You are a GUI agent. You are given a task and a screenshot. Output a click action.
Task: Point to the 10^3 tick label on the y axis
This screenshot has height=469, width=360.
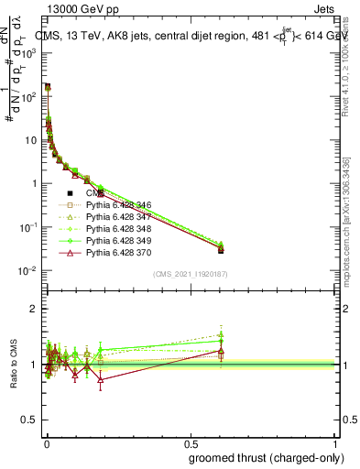[28, 52]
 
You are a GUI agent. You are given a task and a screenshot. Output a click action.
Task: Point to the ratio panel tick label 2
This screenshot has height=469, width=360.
[34, 309]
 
